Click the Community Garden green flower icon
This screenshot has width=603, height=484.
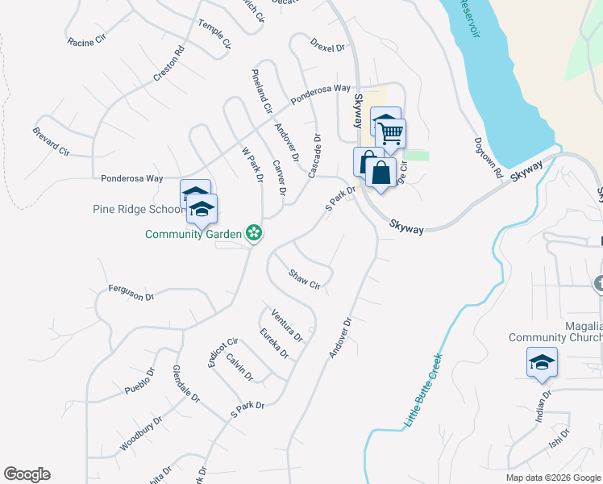coord(254,233)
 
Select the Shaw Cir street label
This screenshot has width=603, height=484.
coord(305,279)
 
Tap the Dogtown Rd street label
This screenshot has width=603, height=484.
coord(489,162)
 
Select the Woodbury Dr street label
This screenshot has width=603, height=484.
coord(141,433)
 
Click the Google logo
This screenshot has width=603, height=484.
coord(27,474)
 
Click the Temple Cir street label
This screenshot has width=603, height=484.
coord(214,34)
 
